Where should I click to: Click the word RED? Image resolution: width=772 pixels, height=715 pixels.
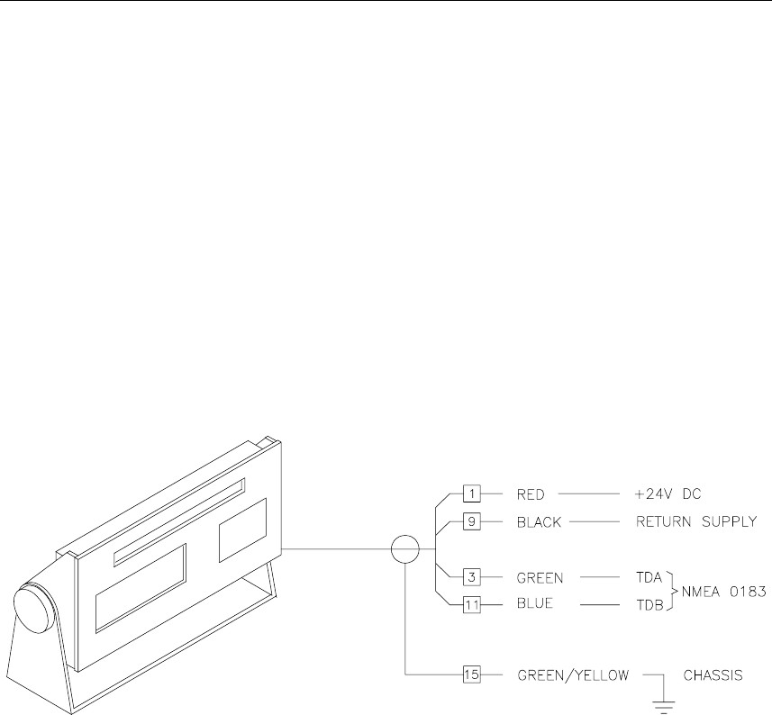(531, 493)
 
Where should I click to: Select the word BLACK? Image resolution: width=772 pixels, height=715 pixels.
(540, 520)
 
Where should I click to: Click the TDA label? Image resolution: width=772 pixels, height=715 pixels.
(647, 575)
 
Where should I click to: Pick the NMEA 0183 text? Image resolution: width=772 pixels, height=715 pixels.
(716, 592)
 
